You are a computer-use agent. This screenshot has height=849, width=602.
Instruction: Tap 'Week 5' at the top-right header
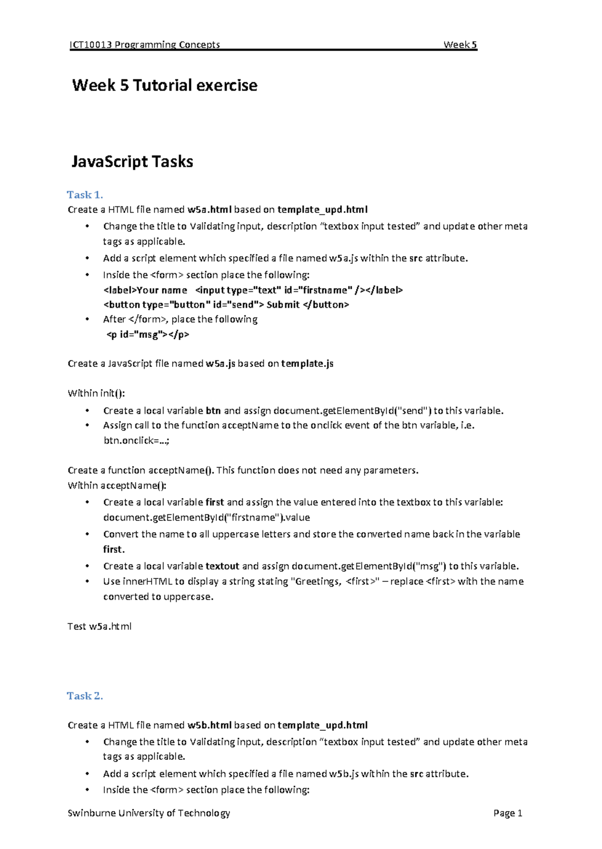click(x=460, y=45)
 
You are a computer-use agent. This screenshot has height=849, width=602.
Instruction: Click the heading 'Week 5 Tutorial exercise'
click(x=165, y=85)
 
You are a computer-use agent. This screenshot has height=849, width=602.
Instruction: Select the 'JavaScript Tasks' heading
click(x=132, y=161)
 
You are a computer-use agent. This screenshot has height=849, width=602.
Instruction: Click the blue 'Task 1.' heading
click(x=85, y=194)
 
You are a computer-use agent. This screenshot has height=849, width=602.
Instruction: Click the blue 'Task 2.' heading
click(x=85, y=696)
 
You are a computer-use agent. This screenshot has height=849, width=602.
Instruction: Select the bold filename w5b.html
click(x=209, y=725)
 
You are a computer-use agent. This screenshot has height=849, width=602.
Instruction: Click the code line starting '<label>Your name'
click(x=253, y=290)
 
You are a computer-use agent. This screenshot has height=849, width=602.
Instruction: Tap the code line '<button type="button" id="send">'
click(x=226, y=305)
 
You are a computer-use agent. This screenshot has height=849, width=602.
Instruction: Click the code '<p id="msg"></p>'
click(x=148, y=334)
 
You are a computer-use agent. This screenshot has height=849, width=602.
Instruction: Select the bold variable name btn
click(x=213, y=411)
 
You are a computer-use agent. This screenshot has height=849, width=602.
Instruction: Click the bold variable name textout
click(x=222, y=566)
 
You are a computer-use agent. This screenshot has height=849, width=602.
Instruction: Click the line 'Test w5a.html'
click(x=99, y=626)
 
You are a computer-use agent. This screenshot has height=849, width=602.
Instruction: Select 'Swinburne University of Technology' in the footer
click(x=148, y=813)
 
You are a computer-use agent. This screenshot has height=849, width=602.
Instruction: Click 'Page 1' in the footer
click(x=508, y=813)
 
